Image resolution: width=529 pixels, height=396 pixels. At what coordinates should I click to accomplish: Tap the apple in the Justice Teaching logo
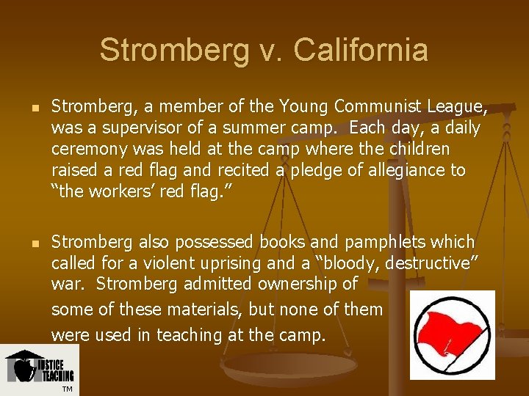pyautogui.click(x=24, y=370)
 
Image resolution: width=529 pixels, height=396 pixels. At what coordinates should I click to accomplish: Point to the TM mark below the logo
pyautogui.click(x=67, y=389)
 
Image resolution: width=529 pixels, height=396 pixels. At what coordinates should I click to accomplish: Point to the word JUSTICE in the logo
pyautogui.click(x=51, y=365)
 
